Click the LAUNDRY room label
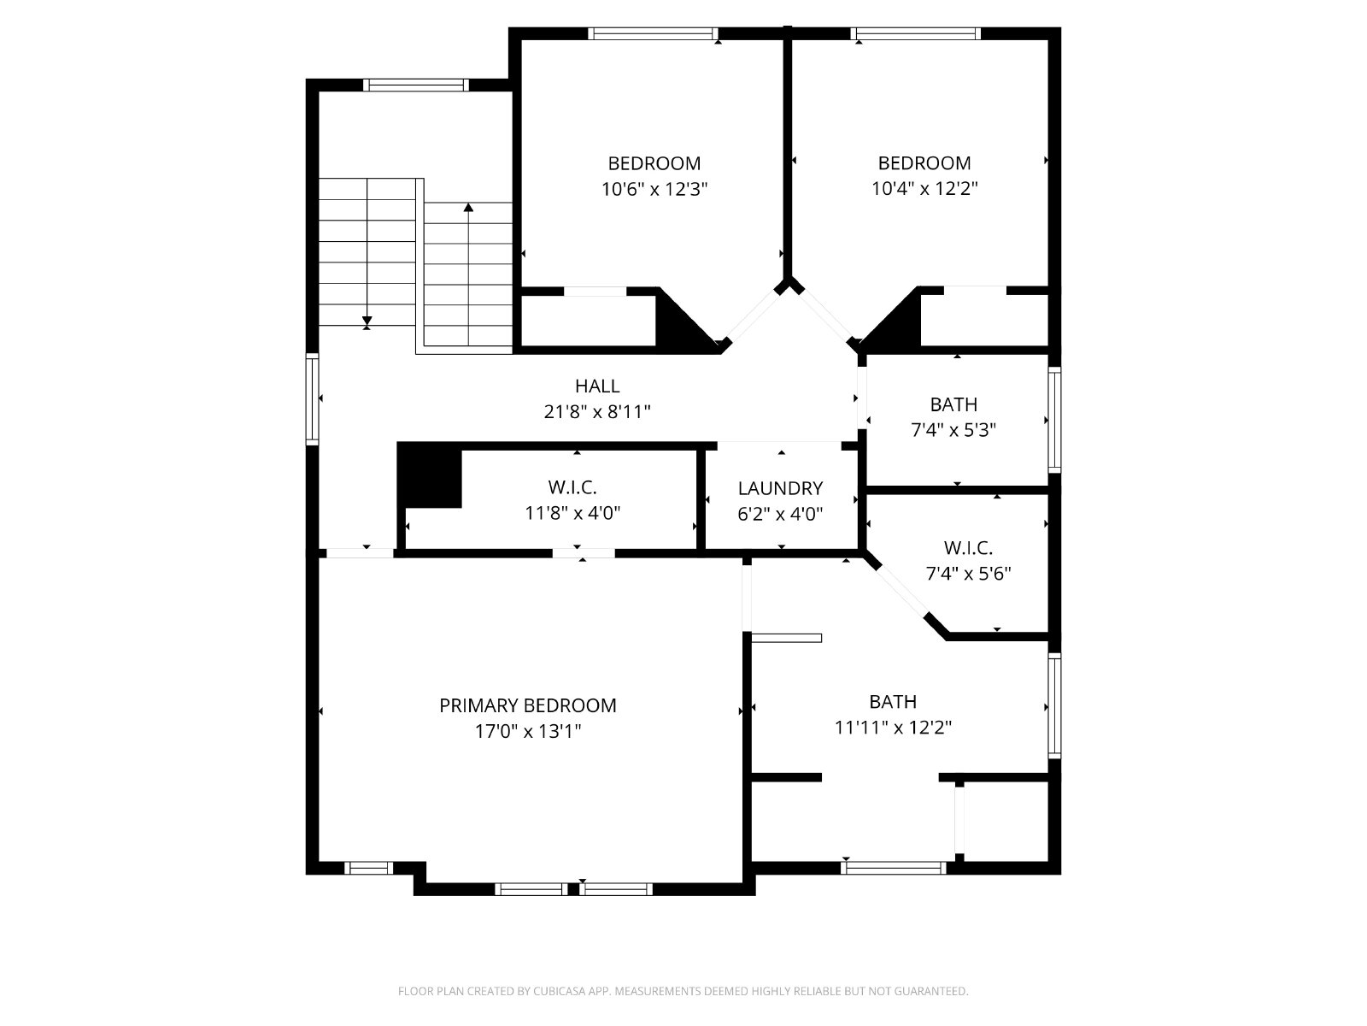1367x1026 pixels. [x=780, y=488]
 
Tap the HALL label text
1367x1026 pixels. [x=596, y=386]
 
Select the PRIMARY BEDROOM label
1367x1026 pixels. [x=527, y=706]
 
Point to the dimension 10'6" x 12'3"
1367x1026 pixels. [x=654, y=189]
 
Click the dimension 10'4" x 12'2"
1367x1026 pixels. [x=924, y=188]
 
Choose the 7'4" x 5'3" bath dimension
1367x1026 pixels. [x=953, y=430]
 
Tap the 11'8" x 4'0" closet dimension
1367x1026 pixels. [x=572, y=513]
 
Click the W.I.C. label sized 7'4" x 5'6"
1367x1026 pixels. [x=968, y=548]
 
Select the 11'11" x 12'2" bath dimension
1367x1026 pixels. [x=893, y=727]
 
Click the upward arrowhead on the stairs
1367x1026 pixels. [x=468, y=207]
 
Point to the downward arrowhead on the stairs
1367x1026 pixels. [x=367, y=321]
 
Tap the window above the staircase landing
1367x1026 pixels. [x=415, y=85]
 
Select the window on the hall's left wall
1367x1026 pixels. [x=312, y=399]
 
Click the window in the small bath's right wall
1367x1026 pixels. [x=1053, y=420]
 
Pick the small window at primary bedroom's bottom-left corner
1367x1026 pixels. [x=369, y=868]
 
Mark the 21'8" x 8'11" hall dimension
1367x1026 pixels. [x=596, y=412]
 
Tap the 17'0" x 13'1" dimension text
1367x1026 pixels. [x=527, y=731]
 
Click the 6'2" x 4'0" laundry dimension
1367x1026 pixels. [x=780, y=514]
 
